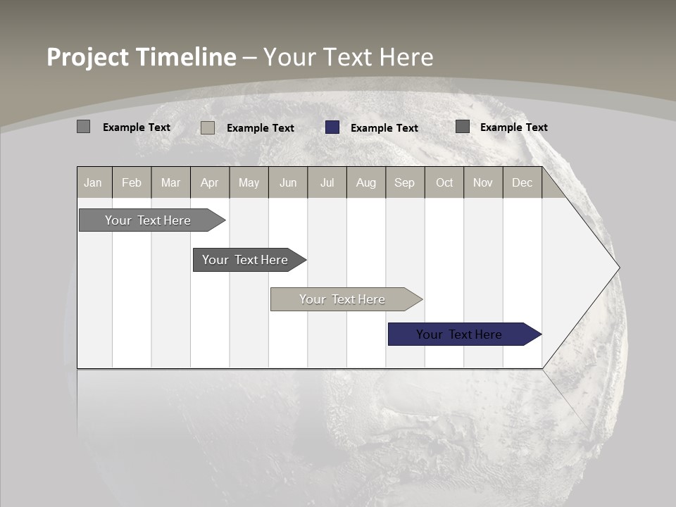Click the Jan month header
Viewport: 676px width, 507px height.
pos(94,182)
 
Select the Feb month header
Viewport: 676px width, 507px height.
pos(132,182)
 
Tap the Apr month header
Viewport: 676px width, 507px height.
pos(210,182)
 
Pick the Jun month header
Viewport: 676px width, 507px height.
pos(288,182)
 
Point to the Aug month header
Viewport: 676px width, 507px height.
pos(366,182)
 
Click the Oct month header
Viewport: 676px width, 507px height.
pos(444,182)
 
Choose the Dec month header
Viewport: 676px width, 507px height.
pos(522,182)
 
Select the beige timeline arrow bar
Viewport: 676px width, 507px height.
pos(343,299)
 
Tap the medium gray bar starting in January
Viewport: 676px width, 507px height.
pos(149,220)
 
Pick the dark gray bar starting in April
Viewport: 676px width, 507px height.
pos(246,260)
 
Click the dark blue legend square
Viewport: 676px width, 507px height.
pos(332,127)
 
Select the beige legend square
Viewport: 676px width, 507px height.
pos(208,127)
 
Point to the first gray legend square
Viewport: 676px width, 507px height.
pos(83,127)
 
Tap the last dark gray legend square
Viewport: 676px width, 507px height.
pos(463,127)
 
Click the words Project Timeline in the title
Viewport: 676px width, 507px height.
pos(142,57)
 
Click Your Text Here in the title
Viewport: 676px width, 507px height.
pos(348,57)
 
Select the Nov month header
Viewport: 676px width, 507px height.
pos(483,182)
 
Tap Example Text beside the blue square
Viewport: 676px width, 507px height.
pos(384,128)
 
